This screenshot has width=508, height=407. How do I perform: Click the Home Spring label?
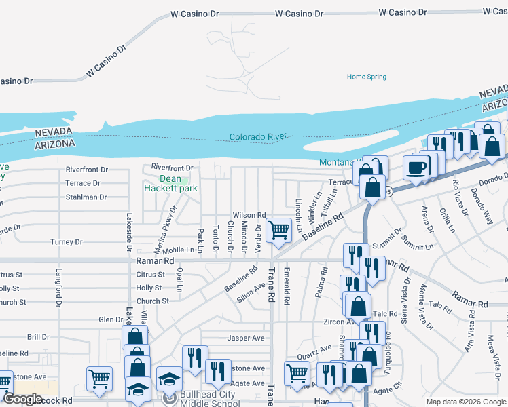coord(366,77)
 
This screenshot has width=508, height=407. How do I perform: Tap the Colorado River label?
coord(258,136)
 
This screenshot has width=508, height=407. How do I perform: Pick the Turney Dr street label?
coord(67,241)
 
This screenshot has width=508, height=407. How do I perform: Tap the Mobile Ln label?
coord(178,250)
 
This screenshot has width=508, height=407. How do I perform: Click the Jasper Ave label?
coord(246,338)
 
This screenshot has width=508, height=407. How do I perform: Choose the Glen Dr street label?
coord(110,319)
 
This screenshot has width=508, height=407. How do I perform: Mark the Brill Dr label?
coord(38,336)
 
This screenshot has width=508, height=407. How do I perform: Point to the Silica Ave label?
coord(251,290)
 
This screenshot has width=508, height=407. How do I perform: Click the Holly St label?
coord(149,288)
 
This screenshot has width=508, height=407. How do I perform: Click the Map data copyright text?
coord(465,402)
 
